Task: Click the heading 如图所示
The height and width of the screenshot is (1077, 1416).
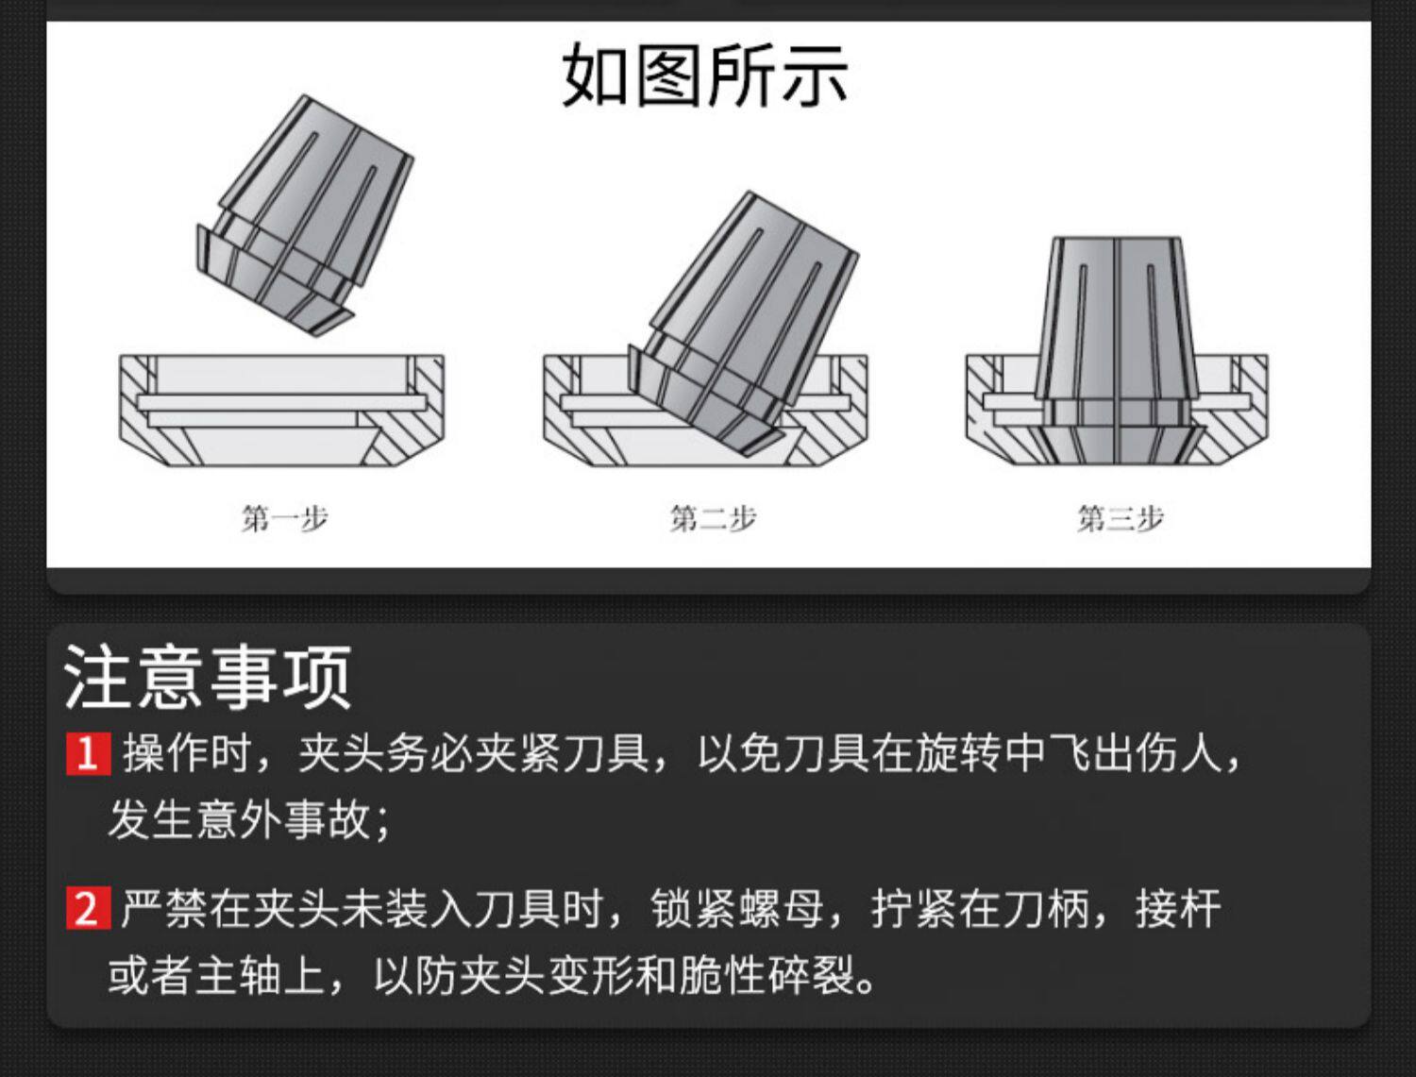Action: [x=704, y=76]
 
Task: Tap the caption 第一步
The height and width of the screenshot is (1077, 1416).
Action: [x=284, y=518]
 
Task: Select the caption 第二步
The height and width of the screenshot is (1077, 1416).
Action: [x=713, y=518]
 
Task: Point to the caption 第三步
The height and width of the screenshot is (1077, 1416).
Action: [x=1121, y=518]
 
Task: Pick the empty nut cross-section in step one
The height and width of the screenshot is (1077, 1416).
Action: [x=281, y=411]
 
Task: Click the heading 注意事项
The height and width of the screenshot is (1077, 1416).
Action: [x=208, y=677]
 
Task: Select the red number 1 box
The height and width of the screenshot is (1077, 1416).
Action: [x=88, y=754]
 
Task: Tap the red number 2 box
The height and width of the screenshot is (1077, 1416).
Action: [x=88, y=909]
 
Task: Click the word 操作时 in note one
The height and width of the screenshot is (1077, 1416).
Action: [x=187, y=754]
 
